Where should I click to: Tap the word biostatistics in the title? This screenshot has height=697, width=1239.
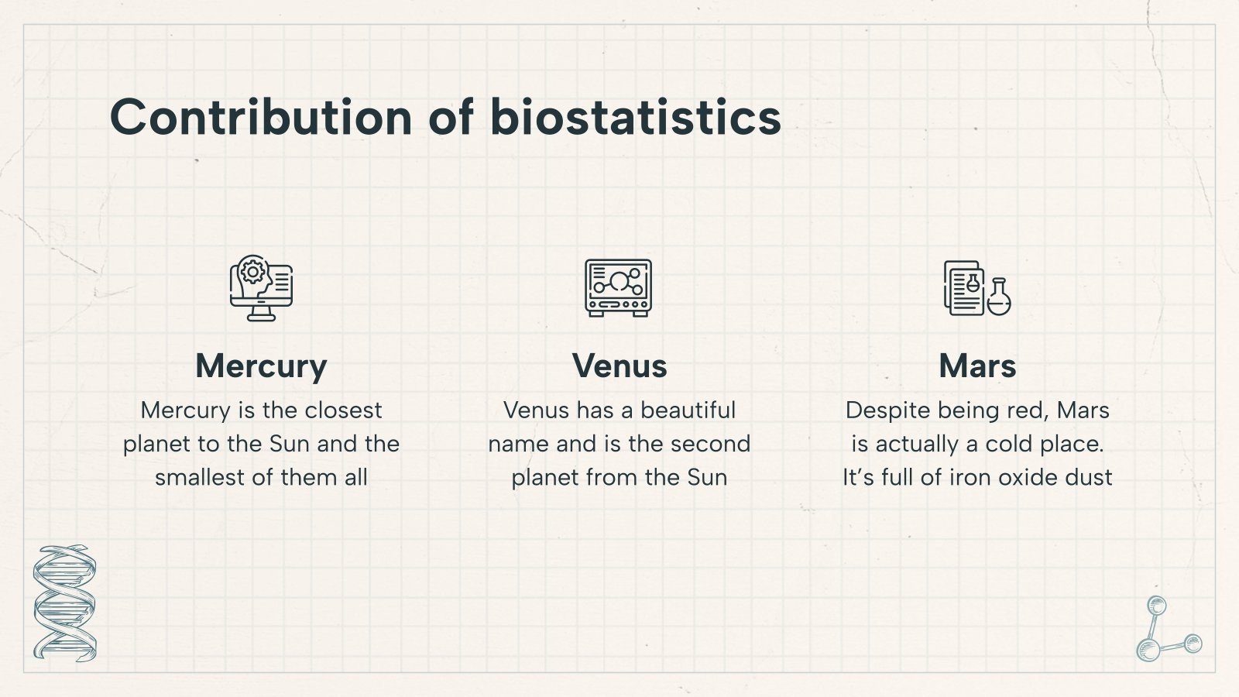(x=635, y=118)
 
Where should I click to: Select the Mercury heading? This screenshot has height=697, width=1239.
(x=261, y=366)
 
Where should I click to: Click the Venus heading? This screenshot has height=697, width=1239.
(x=619, y=366)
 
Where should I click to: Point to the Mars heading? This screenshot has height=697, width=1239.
(x=977, y=366)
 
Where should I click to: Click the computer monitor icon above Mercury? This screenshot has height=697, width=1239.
(x=261, y=288)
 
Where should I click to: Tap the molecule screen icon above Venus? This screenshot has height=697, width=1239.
(x=618, y=287)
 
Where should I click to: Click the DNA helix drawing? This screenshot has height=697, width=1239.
(x=64, y=603)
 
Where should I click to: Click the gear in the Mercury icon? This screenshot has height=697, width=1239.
(x=252, y=272)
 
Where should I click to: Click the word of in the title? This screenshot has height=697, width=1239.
(x=451, y=118)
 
